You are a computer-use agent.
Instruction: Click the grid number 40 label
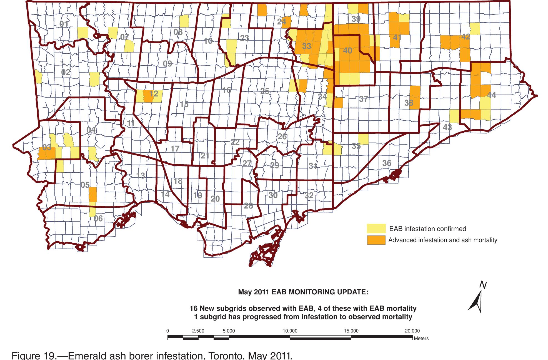pyautogui.click(x=347, y=51)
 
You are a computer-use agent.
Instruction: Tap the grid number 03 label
pyautogui.click(x=47, y=148)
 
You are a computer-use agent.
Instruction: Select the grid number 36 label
pyautogui.click(x=387, y=163)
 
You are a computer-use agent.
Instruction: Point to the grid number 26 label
pyautogui.click(x=282, y=136)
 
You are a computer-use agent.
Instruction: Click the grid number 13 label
pyautogui.click(x=141, y=176)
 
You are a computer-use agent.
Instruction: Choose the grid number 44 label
pyautogui.click(x=491, y=95)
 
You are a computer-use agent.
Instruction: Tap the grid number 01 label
pyautogui.click(x=64, y=24)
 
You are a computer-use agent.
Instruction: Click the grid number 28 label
pyautogui.click(x=248, y=206)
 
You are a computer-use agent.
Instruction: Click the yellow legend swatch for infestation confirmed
pyautogui.click(x=376, y=229)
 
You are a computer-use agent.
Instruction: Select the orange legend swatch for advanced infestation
pyautogui.click(x=376, y=240)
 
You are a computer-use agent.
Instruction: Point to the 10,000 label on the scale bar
pyautogui.click(x=290, y=331)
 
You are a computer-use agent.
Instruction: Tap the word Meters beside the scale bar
pyautogui.click(x=421, y=339)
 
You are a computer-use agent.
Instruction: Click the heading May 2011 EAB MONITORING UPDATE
pyautogui.click(x=303, y=292)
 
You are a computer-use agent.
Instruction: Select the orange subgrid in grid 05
pyautogui.click(x=93, y=194)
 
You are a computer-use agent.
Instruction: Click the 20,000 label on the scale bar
pyautogui.click(x=412, y=331)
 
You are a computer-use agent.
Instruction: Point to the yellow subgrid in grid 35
pyautogui.click(x=363, y=139)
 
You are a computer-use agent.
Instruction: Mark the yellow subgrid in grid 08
pyautogui.click(x=184, y=21)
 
